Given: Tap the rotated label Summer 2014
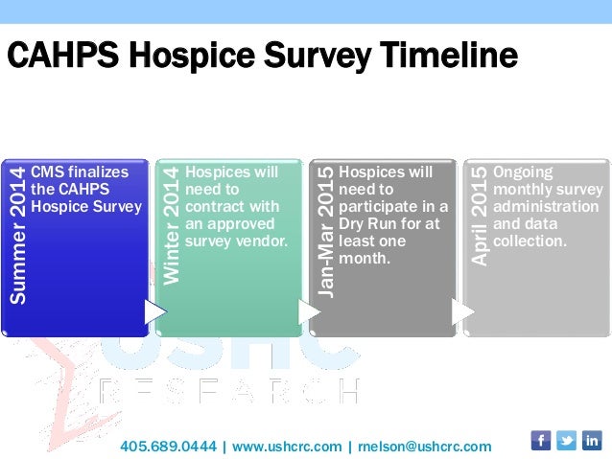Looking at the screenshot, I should pyautogui.click(x=18, y=236).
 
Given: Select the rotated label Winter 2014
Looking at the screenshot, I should pyautogui.click(x=172, y=225).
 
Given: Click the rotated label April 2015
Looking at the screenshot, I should pyautogui.click(x=480, y=216).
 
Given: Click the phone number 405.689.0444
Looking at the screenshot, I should pyautogui.click(x=169, y=447).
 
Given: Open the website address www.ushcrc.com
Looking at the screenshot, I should pyautogui.click(x=287, y=447).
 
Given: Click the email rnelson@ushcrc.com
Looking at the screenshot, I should pyautogui.click(x=424, y=447).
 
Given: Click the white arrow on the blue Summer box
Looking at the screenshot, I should pyautogui.click(x=153, y=311).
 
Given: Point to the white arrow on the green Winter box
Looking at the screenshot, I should pyautogui.click(x=308, y=311).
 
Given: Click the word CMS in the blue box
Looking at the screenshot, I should pyautogui.click(x=48, y=172).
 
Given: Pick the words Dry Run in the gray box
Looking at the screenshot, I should pyautogui.click(x=368, y=224).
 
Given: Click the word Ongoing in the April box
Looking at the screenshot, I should pyautogui.click(x=523, y=172).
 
